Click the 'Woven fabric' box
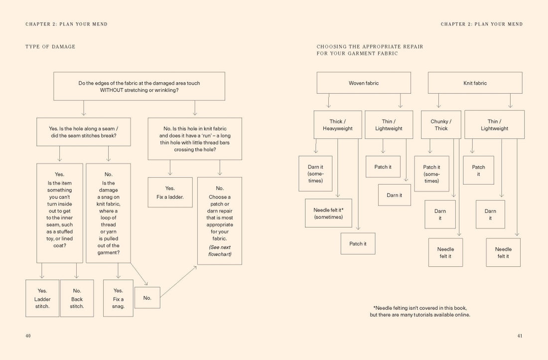pyautogui.click(x=364, y=83)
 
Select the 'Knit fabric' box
pyautogui.click(x=475, y=83)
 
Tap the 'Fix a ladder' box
pyautogui.click(x=170, y=192)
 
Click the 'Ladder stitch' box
pyautogui.click(x=42, y=298)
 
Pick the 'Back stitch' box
pyautogui.click(x=77, y=298)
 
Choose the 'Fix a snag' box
pyautogui.click(x=118, y=298)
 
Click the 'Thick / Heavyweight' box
pyautogui.click(x=337, y=125)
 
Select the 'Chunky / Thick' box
pyautogui.click(x=441, y=125)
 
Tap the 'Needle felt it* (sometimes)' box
pyautogui.click(x=328, y=213)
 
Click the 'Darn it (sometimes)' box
pyautogui.click(x=315, y=174)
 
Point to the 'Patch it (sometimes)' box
pyautogui.click(x=431, y=174)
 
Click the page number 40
pyautogui.click(x=28, y=336)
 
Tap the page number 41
pyautogui.click(x=520, y=336)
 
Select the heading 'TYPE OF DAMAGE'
pyautogui.click(x=50, y=47)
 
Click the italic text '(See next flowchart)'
pyautogui.click(x=220, y=251)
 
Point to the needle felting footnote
pyautogui.click(x=419, y=311)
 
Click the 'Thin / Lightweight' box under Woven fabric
pyautogui.click(x=389, y=125)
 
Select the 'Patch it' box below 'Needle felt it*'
pyautogui.click(x=358, y=244)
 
